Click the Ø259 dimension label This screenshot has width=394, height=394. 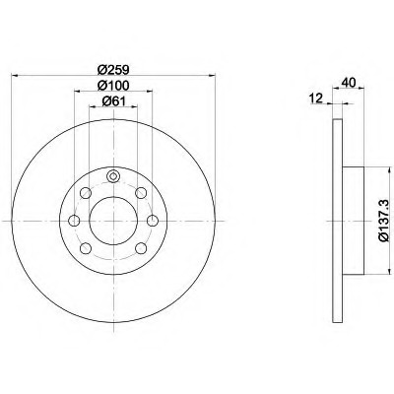point(113,70)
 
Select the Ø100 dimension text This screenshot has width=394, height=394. point(113,85)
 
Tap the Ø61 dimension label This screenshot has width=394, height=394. point(113,101)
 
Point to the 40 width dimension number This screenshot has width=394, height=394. point(349,82)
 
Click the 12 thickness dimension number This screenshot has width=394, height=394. point(317,98)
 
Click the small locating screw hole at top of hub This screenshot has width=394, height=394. point(113,176)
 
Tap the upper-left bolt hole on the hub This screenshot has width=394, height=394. point(86,193)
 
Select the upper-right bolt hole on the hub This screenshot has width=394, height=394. point(141,193)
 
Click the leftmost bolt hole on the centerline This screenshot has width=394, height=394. point(75,221)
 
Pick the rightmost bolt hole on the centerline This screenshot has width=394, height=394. point(153,221)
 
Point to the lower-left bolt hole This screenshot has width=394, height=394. point(86,248)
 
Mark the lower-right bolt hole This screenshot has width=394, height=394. point(141,248)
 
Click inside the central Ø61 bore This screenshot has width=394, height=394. point(113,221)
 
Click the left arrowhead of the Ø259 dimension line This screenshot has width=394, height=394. point(14,76)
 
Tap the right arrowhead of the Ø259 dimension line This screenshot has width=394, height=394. point(213,76)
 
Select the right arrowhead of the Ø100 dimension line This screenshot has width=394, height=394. point(150,91)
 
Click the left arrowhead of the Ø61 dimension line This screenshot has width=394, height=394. point(93,106)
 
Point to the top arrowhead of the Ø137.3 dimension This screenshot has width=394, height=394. point(385,169)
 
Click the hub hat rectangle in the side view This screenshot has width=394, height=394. point(354,221)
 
